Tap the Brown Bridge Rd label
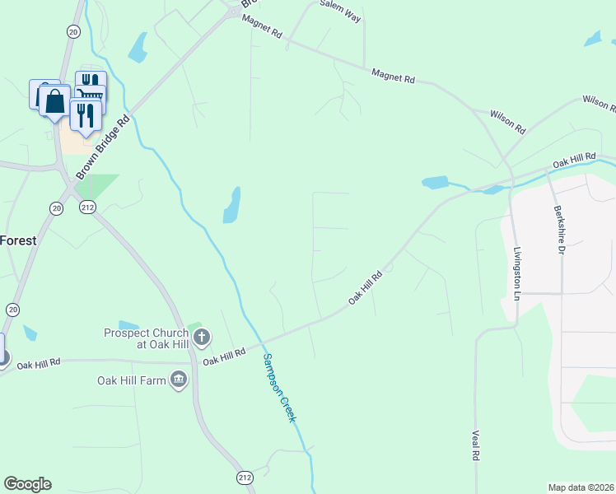[x=104, y=147]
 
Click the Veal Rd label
[x=475, y=445]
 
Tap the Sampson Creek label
[x=278, y=387]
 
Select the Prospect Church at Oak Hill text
[x=147, y=338]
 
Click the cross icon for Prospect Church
[x=202, y=337]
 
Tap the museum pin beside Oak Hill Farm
[x=178, y=379]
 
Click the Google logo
[x=27, y=484]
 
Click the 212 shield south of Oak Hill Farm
[x=244, y=478]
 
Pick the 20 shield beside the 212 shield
[x=56, y=207]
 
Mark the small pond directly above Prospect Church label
[x=128, y=324]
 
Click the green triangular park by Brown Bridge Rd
[x=97, y=186]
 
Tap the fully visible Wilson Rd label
[x=507, y=123]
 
